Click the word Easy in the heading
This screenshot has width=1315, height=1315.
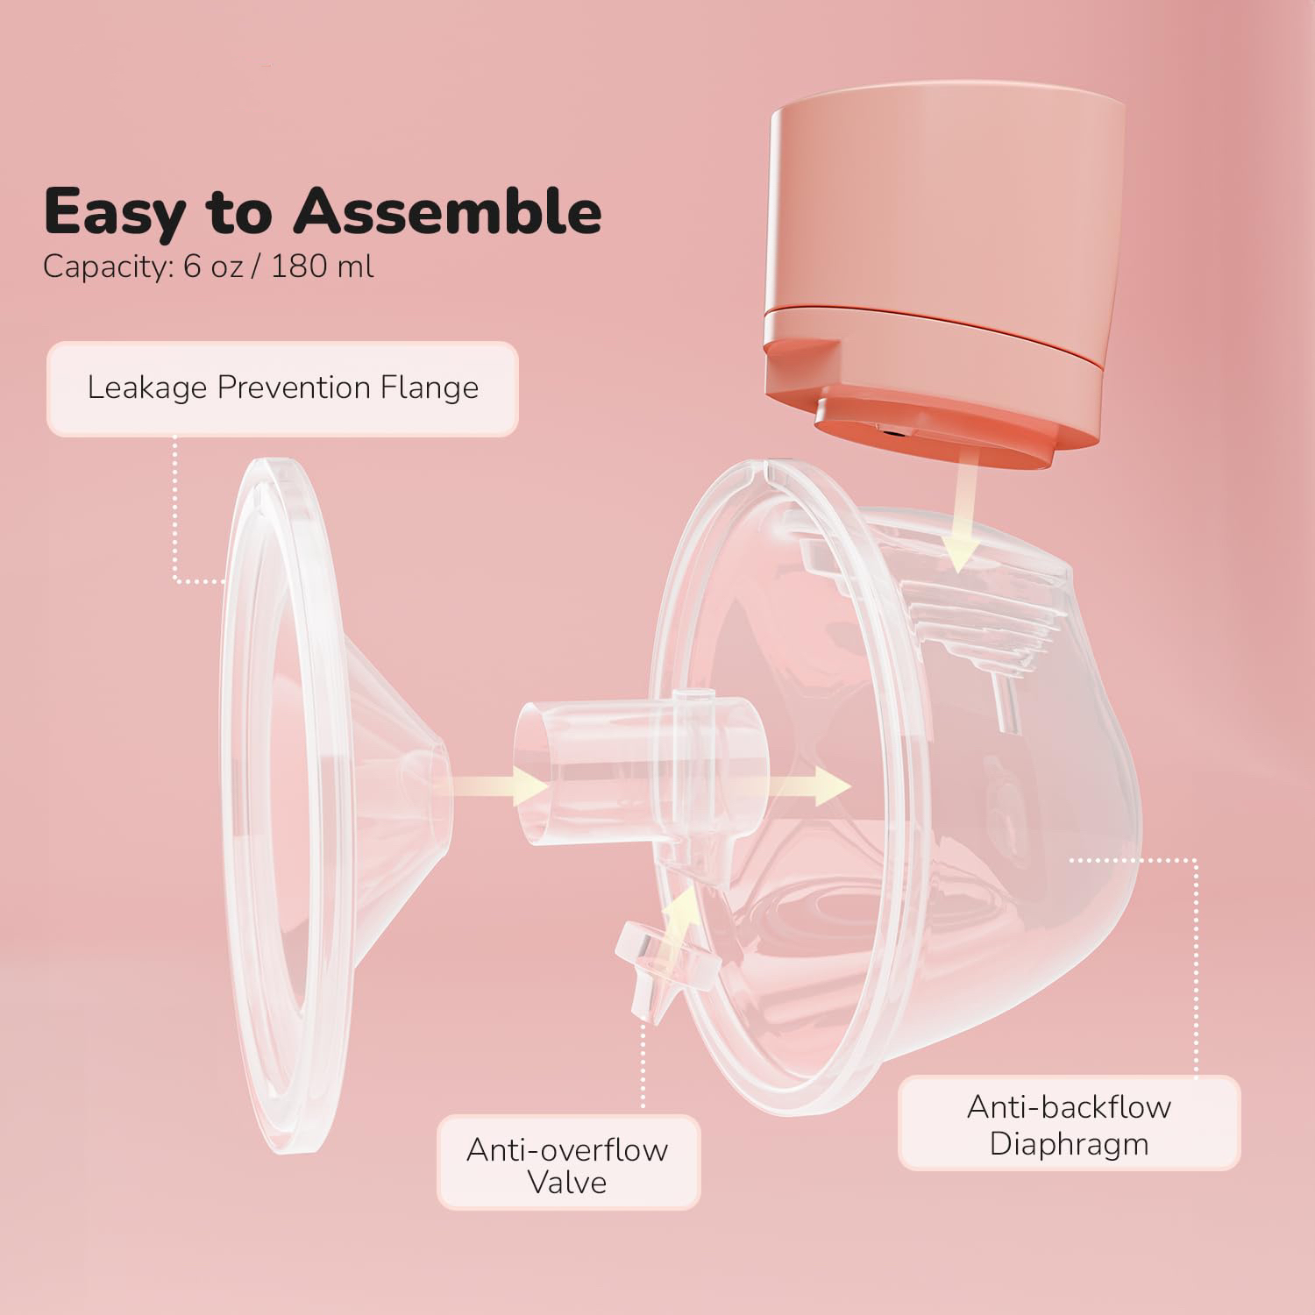111,211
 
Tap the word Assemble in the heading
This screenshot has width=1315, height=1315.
447,211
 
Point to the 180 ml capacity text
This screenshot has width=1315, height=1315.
322,266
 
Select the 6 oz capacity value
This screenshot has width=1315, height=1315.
213,266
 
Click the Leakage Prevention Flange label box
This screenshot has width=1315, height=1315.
282,387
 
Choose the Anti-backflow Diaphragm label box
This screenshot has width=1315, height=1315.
1069,1124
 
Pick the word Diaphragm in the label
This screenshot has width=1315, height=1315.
1069,1143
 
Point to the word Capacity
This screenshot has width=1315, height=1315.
103,267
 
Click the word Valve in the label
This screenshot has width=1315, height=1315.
568,1183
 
